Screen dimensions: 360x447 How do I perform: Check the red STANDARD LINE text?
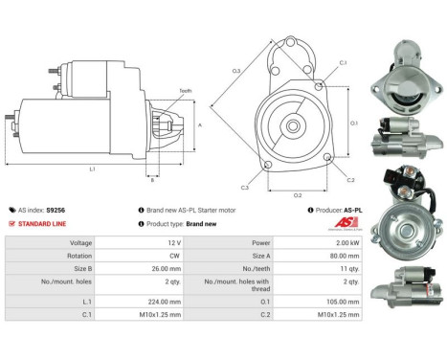click(43, 223)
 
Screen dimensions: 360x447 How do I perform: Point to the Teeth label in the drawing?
click(186, 91)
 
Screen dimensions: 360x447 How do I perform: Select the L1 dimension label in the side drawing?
click(92, 169)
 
